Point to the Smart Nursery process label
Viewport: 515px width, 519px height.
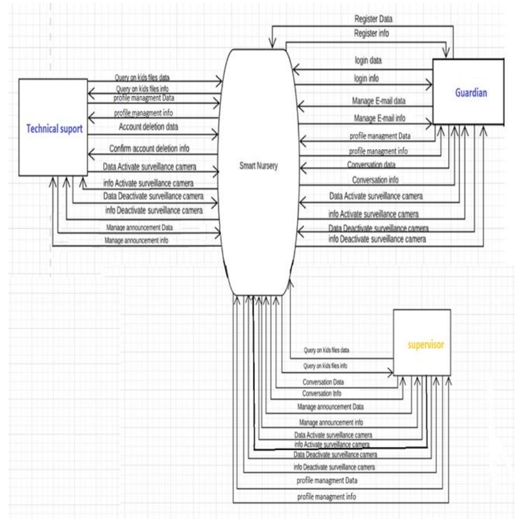(256, 166)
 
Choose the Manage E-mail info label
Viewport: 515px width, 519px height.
(379, 119)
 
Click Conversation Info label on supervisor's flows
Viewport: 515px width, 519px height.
(321, 393)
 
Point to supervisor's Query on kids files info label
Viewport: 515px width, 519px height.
(326, 366)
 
